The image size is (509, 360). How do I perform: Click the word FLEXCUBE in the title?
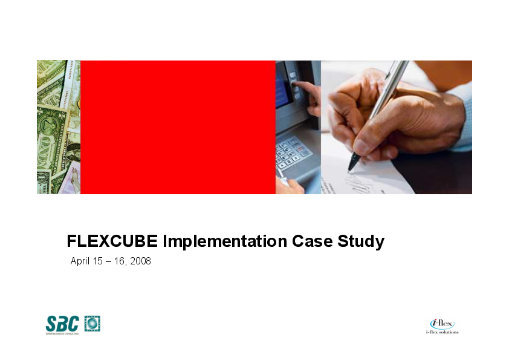(x=112, y=242)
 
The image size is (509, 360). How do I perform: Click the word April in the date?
(x=80, y=261)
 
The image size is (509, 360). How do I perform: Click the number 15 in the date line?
(x=98, y=261)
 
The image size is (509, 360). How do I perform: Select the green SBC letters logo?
(x=62, y=324)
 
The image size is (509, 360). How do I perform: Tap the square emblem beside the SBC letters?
(x=92, y=324)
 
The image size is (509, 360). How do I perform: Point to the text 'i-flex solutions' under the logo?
(x=443, y=332)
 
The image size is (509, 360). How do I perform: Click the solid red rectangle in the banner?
(x=178, y=127)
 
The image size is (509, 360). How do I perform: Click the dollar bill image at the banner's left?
(x=58, y=127)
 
